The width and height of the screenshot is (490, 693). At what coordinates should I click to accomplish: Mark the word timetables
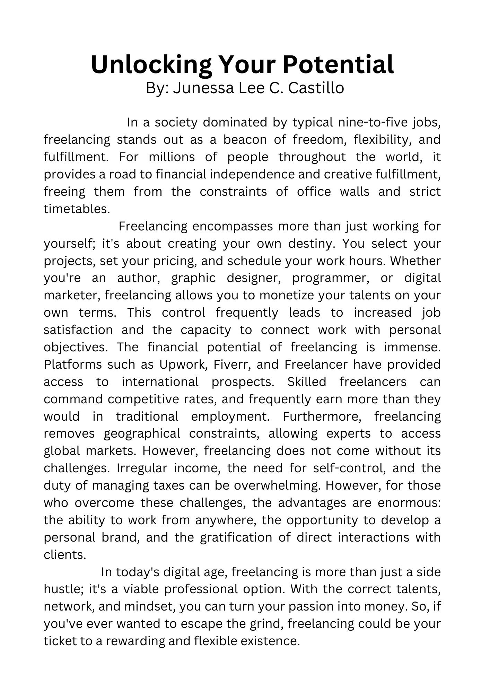(77, 209)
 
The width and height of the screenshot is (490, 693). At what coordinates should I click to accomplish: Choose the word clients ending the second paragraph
(64, 554)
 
